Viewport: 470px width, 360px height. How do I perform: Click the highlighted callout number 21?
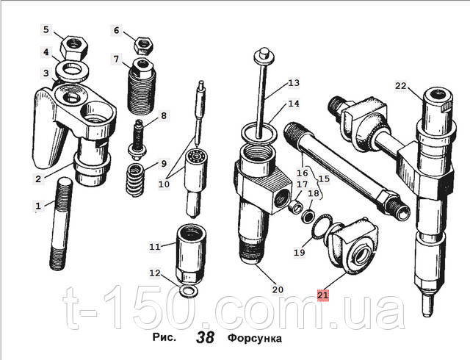point(323,295)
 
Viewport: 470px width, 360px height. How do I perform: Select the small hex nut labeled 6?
point(144,46)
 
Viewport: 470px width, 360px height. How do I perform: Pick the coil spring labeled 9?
point(135,180)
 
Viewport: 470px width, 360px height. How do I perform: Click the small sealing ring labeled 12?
point(188,291)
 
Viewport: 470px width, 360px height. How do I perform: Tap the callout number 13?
point(294,82)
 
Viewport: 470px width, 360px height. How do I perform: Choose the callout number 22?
point(400,86)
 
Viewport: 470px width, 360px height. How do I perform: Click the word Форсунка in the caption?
point(255,339)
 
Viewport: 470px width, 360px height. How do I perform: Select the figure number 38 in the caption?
point(206,337)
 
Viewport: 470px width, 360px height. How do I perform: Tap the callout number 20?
point(278,289)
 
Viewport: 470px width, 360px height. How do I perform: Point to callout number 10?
point(164,184)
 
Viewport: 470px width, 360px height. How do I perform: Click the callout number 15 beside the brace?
point(324,179)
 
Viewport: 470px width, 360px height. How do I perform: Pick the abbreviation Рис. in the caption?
point(164,337)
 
